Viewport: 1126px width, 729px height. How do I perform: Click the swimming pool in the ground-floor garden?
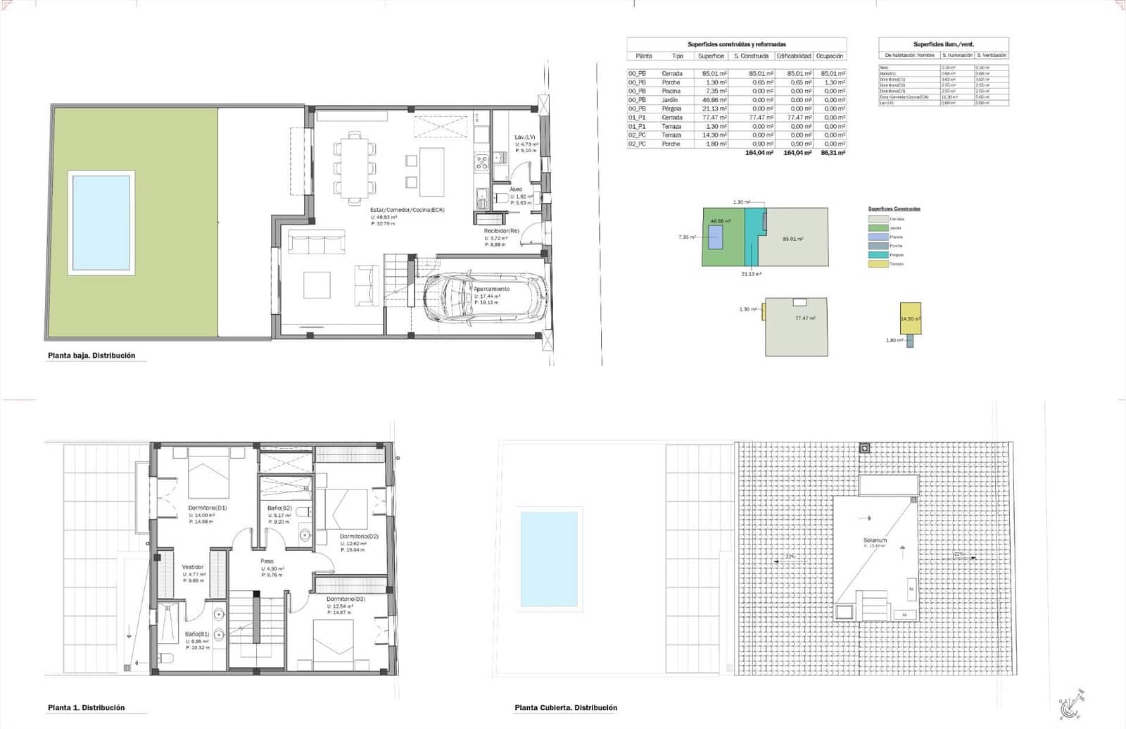[x=101, y=222]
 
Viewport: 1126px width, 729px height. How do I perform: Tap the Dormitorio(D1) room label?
[x=207, y=508]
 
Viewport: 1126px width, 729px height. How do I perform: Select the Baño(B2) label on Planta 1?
[x=279, y=508]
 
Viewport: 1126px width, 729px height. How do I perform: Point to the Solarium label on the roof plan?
[x=875, y=540]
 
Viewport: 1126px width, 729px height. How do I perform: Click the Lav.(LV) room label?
[x=524, y=137]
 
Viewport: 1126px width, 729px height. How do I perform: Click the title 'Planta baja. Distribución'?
[x=91, y=356]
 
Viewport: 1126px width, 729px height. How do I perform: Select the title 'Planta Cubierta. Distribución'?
[x=566, y=708]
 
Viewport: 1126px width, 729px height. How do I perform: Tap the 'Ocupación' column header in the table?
[x=830, y=56]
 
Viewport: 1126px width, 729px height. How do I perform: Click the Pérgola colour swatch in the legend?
[x=878, y=255]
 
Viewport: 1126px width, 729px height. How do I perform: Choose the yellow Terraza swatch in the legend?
[x=878, y=264]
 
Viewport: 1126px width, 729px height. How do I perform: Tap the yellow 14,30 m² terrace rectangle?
[x=910, y=318]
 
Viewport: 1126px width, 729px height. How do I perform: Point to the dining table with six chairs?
[x=355, y=168]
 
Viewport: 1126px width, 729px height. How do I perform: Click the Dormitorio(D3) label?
[x=345, y=599]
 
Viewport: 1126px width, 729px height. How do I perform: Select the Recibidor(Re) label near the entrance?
[x=501, y=231]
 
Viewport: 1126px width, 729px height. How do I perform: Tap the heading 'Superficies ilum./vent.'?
[x=943, y=44]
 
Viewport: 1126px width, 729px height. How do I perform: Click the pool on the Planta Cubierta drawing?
[x=549, y=559]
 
